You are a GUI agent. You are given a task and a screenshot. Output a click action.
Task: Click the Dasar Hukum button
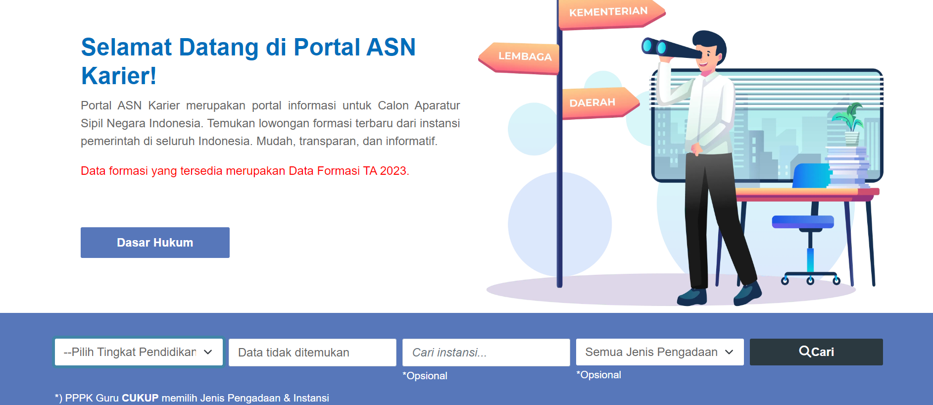pyautogui.click(x=155, y=243)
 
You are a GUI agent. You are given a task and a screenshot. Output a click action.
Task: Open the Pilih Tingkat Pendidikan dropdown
pyautogui.click(x=139, y=352)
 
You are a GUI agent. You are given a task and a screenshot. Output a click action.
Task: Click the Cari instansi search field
pyautogui.click(x=486, y=353)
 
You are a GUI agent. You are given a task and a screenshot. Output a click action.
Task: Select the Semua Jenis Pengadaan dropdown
pyautogui.click(x=660, y=352)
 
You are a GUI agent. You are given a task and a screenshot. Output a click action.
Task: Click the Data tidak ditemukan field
pyautogui.click(x=312, y=353)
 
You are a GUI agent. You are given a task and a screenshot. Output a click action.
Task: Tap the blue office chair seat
pyautogui.click(x=803, y=222)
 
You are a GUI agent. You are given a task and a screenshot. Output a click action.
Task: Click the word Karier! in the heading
pyautogui.click(x=119, y=76)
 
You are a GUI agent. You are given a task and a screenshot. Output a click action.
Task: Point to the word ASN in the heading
pyautogui.click(x=391, y=48)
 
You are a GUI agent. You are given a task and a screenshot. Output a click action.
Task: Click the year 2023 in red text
pyautogui.click(x=393, y=171)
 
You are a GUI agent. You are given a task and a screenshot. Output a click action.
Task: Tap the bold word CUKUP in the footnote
pyautogui.click(x=140, y=398)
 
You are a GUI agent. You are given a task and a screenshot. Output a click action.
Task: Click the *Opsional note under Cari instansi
pyautogui.click(x=425, y=376)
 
